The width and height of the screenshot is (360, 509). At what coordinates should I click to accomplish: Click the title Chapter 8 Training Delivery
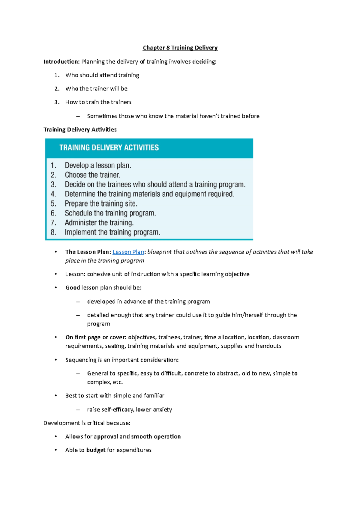coord(180,48)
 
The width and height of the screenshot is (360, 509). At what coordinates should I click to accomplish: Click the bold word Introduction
coord(61,62)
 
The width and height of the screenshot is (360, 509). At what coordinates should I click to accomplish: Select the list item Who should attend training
coord(102,75)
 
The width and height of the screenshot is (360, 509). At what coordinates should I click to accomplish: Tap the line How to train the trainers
coord(98,102)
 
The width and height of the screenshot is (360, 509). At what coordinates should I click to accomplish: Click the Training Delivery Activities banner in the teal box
coord(109,147)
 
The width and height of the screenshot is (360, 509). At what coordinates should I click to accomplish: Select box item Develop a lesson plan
coord(98,165)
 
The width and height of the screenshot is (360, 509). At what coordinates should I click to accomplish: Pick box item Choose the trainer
coord(92,175)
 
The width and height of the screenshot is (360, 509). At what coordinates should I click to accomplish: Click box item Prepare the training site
coord(101,204)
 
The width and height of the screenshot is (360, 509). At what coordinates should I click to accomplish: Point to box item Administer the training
coord(99,223)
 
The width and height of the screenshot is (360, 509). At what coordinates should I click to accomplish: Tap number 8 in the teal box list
coord(53,232)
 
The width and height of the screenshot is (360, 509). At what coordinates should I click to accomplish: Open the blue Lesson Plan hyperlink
coord(128,252)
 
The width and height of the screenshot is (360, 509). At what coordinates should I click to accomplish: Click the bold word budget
coord(96,450)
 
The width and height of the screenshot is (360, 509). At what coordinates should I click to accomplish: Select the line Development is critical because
coord(87,423)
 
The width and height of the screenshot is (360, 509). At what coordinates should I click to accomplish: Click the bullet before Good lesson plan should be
coord(56,288)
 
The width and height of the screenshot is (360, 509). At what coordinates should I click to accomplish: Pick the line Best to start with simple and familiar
coord(115,396)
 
